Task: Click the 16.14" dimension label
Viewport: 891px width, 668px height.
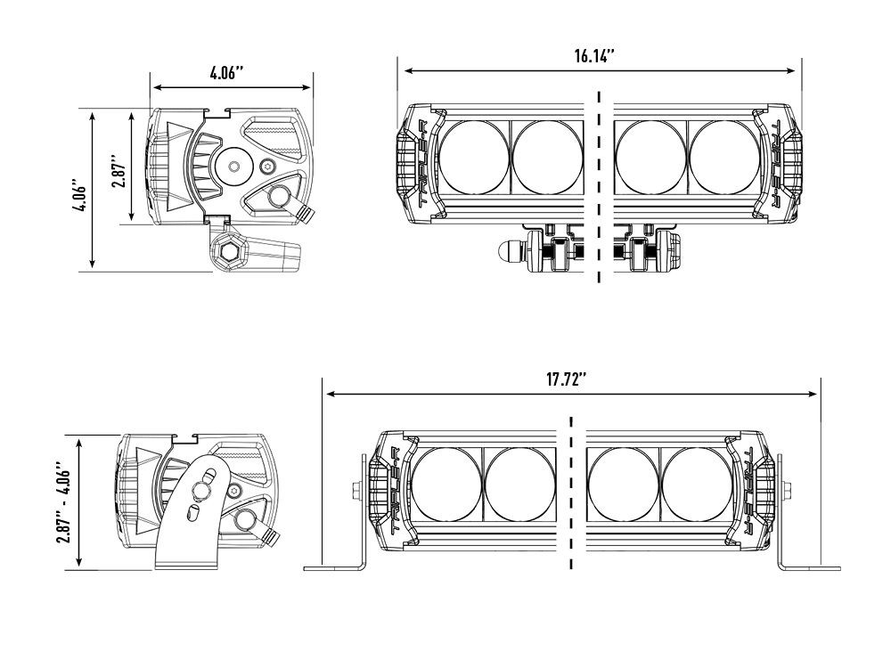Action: [x=595, y=56]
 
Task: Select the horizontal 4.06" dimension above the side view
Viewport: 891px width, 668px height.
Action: [x=228, y=74]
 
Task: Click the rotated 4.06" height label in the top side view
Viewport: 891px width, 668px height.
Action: [x=79, y=191]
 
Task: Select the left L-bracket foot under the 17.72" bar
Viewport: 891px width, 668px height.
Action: [x=334, y=566]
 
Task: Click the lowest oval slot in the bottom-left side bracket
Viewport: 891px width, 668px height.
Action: [x=193, y=512]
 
